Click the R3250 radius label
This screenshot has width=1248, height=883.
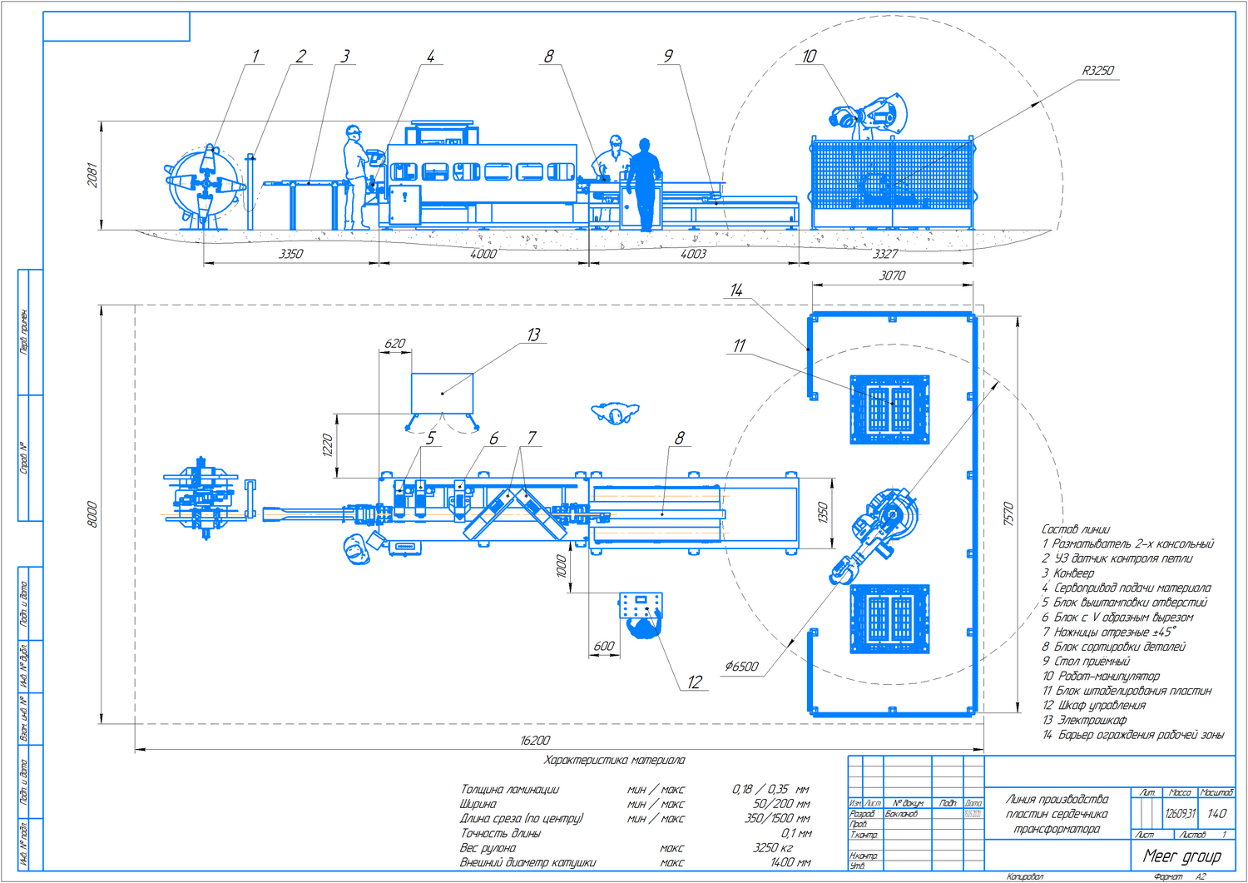(1097, 71)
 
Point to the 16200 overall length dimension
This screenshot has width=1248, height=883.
(534, 740)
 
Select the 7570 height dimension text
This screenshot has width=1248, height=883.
(1008, 513)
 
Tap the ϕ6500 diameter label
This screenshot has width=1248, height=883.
(741, 667)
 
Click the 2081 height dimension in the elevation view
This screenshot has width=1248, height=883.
(92, 175)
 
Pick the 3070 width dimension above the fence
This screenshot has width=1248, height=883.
(892, 275)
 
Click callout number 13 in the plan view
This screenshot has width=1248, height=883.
(533, 335)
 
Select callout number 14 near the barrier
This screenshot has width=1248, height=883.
(736, 290)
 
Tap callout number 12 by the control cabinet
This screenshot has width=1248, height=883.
(695, 682)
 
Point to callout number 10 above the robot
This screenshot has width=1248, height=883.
(809, 56)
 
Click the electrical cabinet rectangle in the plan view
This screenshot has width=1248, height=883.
(442, 393)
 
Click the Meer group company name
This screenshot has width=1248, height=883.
(1181, 856)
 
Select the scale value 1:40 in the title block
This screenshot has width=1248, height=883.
(1216, 813)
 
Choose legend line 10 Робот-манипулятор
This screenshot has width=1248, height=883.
(1101, 676)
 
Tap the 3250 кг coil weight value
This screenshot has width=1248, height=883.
(772, 848)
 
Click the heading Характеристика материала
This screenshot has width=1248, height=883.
(614, 760)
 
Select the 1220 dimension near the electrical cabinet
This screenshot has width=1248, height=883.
(328, 445)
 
